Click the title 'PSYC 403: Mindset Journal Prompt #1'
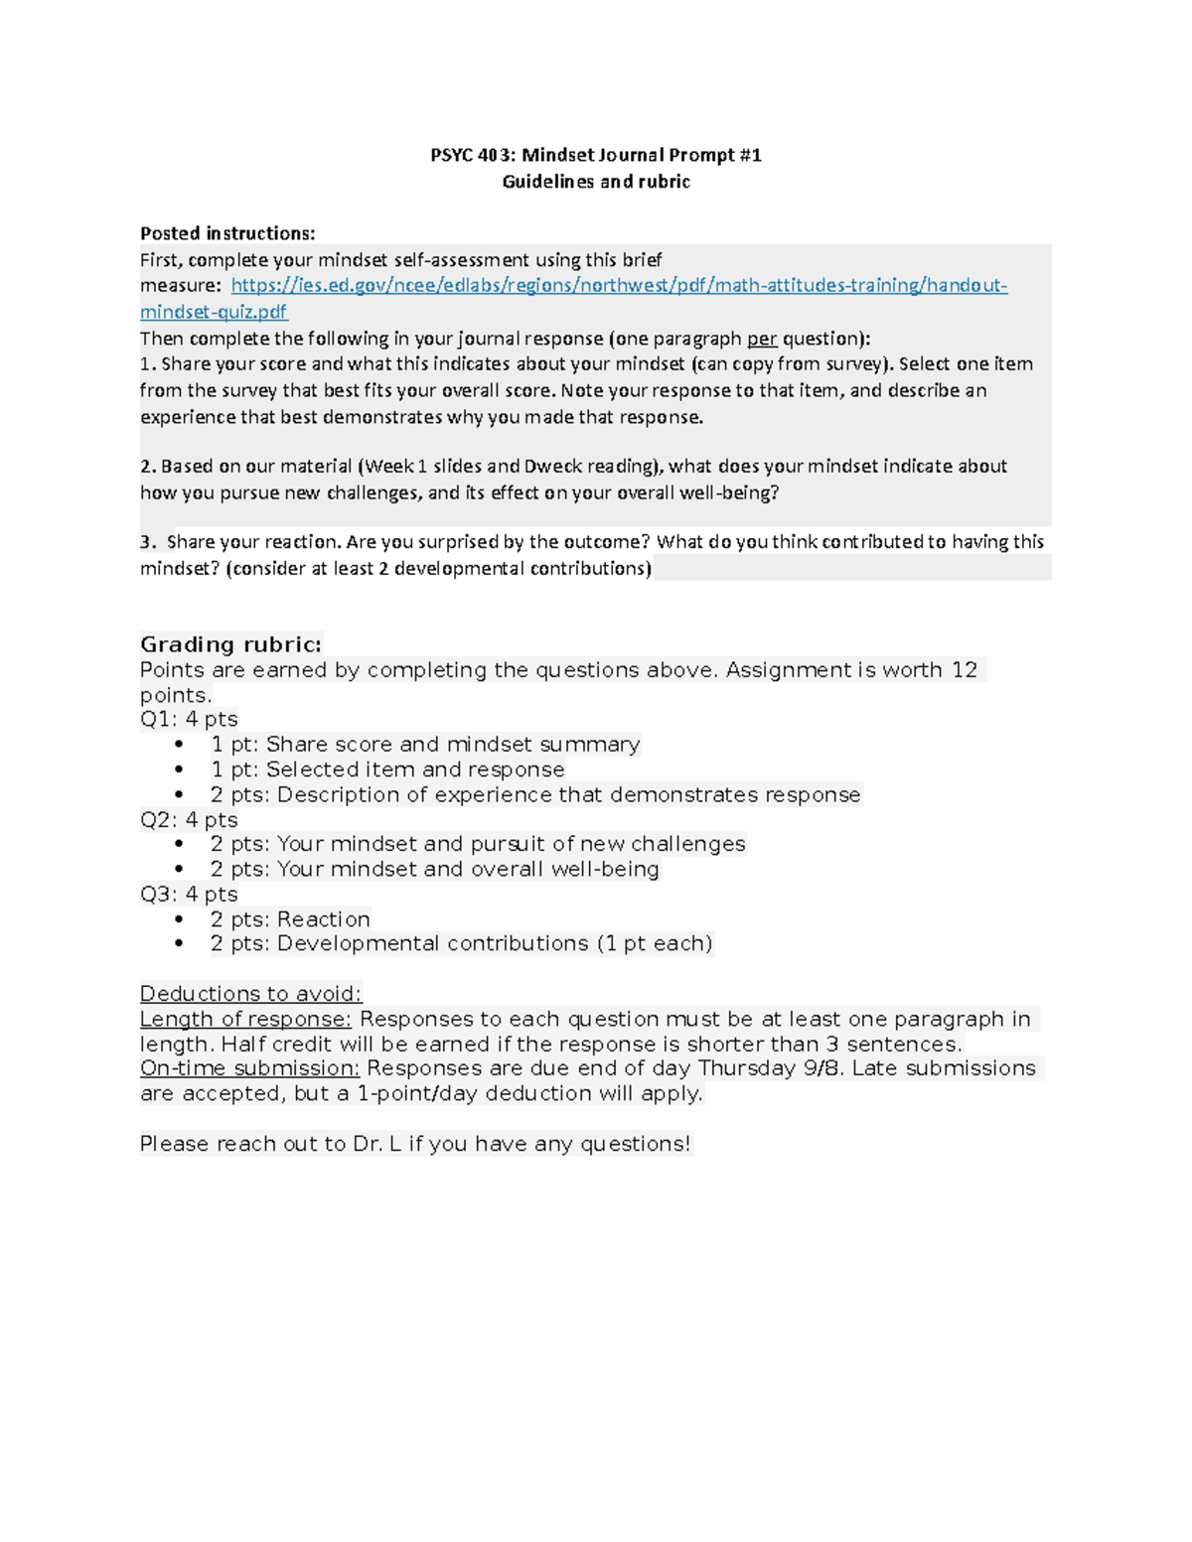[x=596, y=155]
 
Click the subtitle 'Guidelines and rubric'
[x=596, y=182]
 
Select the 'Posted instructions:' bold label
[x=227, y=233]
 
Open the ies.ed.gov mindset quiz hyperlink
[x=619, y=286]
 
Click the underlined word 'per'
[x=762, y=338]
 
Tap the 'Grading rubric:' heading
[x=231, y=644]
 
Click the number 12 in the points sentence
[x=964, y=670]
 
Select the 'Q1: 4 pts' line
[x=189, y=719]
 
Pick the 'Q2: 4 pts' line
[x=189, y=820]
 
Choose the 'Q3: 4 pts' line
[x=189, y=895]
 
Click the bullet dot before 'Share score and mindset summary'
[x=180, y=745]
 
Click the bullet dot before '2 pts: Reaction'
[x=180, y=919]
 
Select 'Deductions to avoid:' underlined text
[x=251, y=994]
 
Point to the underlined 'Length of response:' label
[x=245, y=1020]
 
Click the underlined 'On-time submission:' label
[x=249, y=1068]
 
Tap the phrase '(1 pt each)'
[x=655, y=943]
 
